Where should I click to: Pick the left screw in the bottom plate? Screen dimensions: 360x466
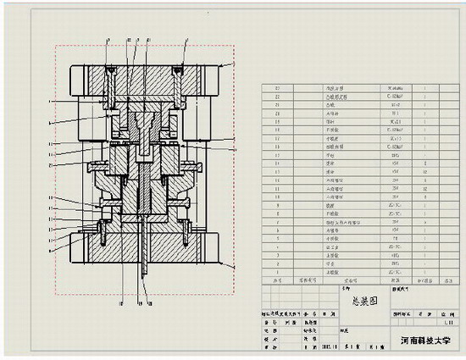pyautogui.click(x=101, y=229)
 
